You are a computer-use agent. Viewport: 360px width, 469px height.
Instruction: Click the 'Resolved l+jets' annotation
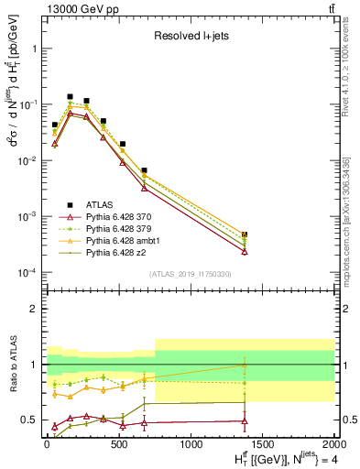point(189,36)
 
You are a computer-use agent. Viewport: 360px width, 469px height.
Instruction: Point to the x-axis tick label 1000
point(191,444)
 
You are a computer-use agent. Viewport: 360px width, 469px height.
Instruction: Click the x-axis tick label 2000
point(333,444)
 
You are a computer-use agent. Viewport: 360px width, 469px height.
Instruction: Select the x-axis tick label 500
point(119,444)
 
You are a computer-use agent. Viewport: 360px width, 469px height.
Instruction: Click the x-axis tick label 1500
point(263,444)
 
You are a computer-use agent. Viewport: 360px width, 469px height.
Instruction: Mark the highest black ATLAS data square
point(70,96)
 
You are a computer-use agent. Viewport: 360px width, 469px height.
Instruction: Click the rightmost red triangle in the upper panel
point(245,251)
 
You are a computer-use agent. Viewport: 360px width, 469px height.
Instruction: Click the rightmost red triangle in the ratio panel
point(245,421)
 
